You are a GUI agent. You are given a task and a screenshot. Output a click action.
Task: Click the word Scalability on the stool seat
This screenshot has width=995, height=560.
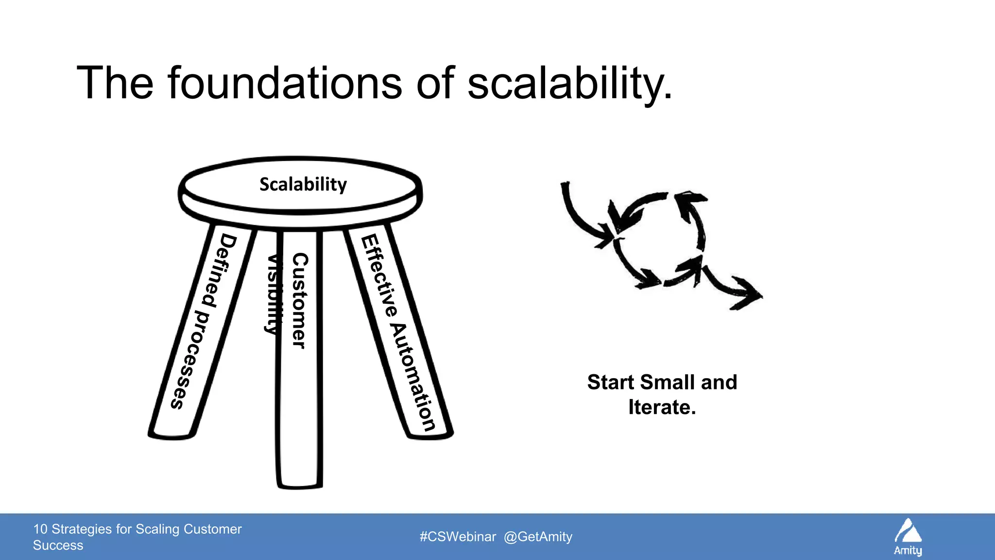tap(303, 185)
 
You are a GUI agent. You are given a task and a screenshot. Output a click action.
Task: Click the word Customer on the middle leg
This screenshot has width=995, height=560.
tap(299, 300)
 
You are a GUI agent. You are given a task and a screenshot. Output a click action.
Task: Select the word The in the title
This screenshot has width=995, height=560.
tap(115, 83)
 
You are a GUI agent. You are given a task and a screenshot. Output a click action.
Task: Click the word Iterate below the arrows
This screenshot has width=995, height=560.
tap(661, 407)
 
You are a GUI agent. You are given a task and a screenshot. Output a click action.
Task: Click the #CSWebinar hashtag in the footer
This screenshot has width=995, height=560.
tap(458, 537)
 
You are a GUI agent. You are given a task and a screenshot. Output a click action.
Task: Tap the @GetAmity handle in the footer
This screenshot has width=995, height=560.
tap(538, 537)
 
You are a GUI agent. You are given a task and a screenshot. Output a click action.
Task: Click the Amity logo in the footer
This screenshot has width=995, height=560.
tap(908, 537)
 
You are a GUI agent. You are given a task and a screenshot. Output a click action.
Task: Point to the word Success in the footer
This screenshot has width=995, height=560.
tap(58, 545)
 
